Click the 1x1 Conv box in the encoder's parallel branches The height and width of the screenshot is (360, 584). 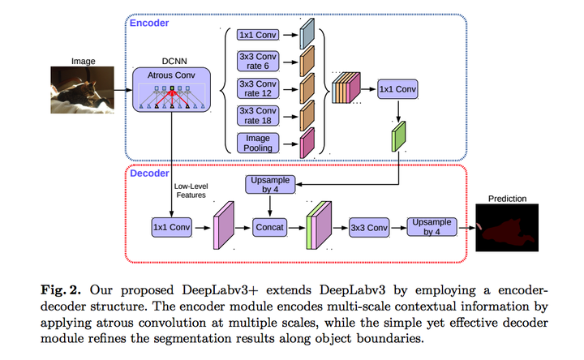[x=256, y=35]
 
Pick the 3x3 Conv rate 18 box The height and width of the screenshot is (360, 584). [x=256, y=115]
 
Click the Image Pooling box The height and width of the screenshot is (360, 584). [x=256, y=144]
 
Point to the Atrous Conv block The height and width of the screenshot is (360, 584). [x=171, y=91]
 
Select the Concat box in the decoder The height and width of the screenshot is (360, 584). [x=269, y=228]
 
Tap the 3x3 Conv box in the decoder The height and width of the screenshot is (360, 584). [x=368, y=228]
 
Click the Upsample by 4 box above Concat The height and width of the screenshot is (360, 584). [x=269, y=186]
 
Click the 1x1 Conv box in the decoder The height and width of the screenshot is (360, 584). [x=171, y=228]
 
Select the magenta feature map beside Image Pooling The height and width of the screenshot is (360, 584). [x=307, y=144]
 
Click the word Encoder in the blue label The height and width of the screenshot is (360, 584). [x=149, y=24]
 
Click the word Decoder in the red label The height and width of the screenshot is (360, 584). [x=149, y=173]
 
